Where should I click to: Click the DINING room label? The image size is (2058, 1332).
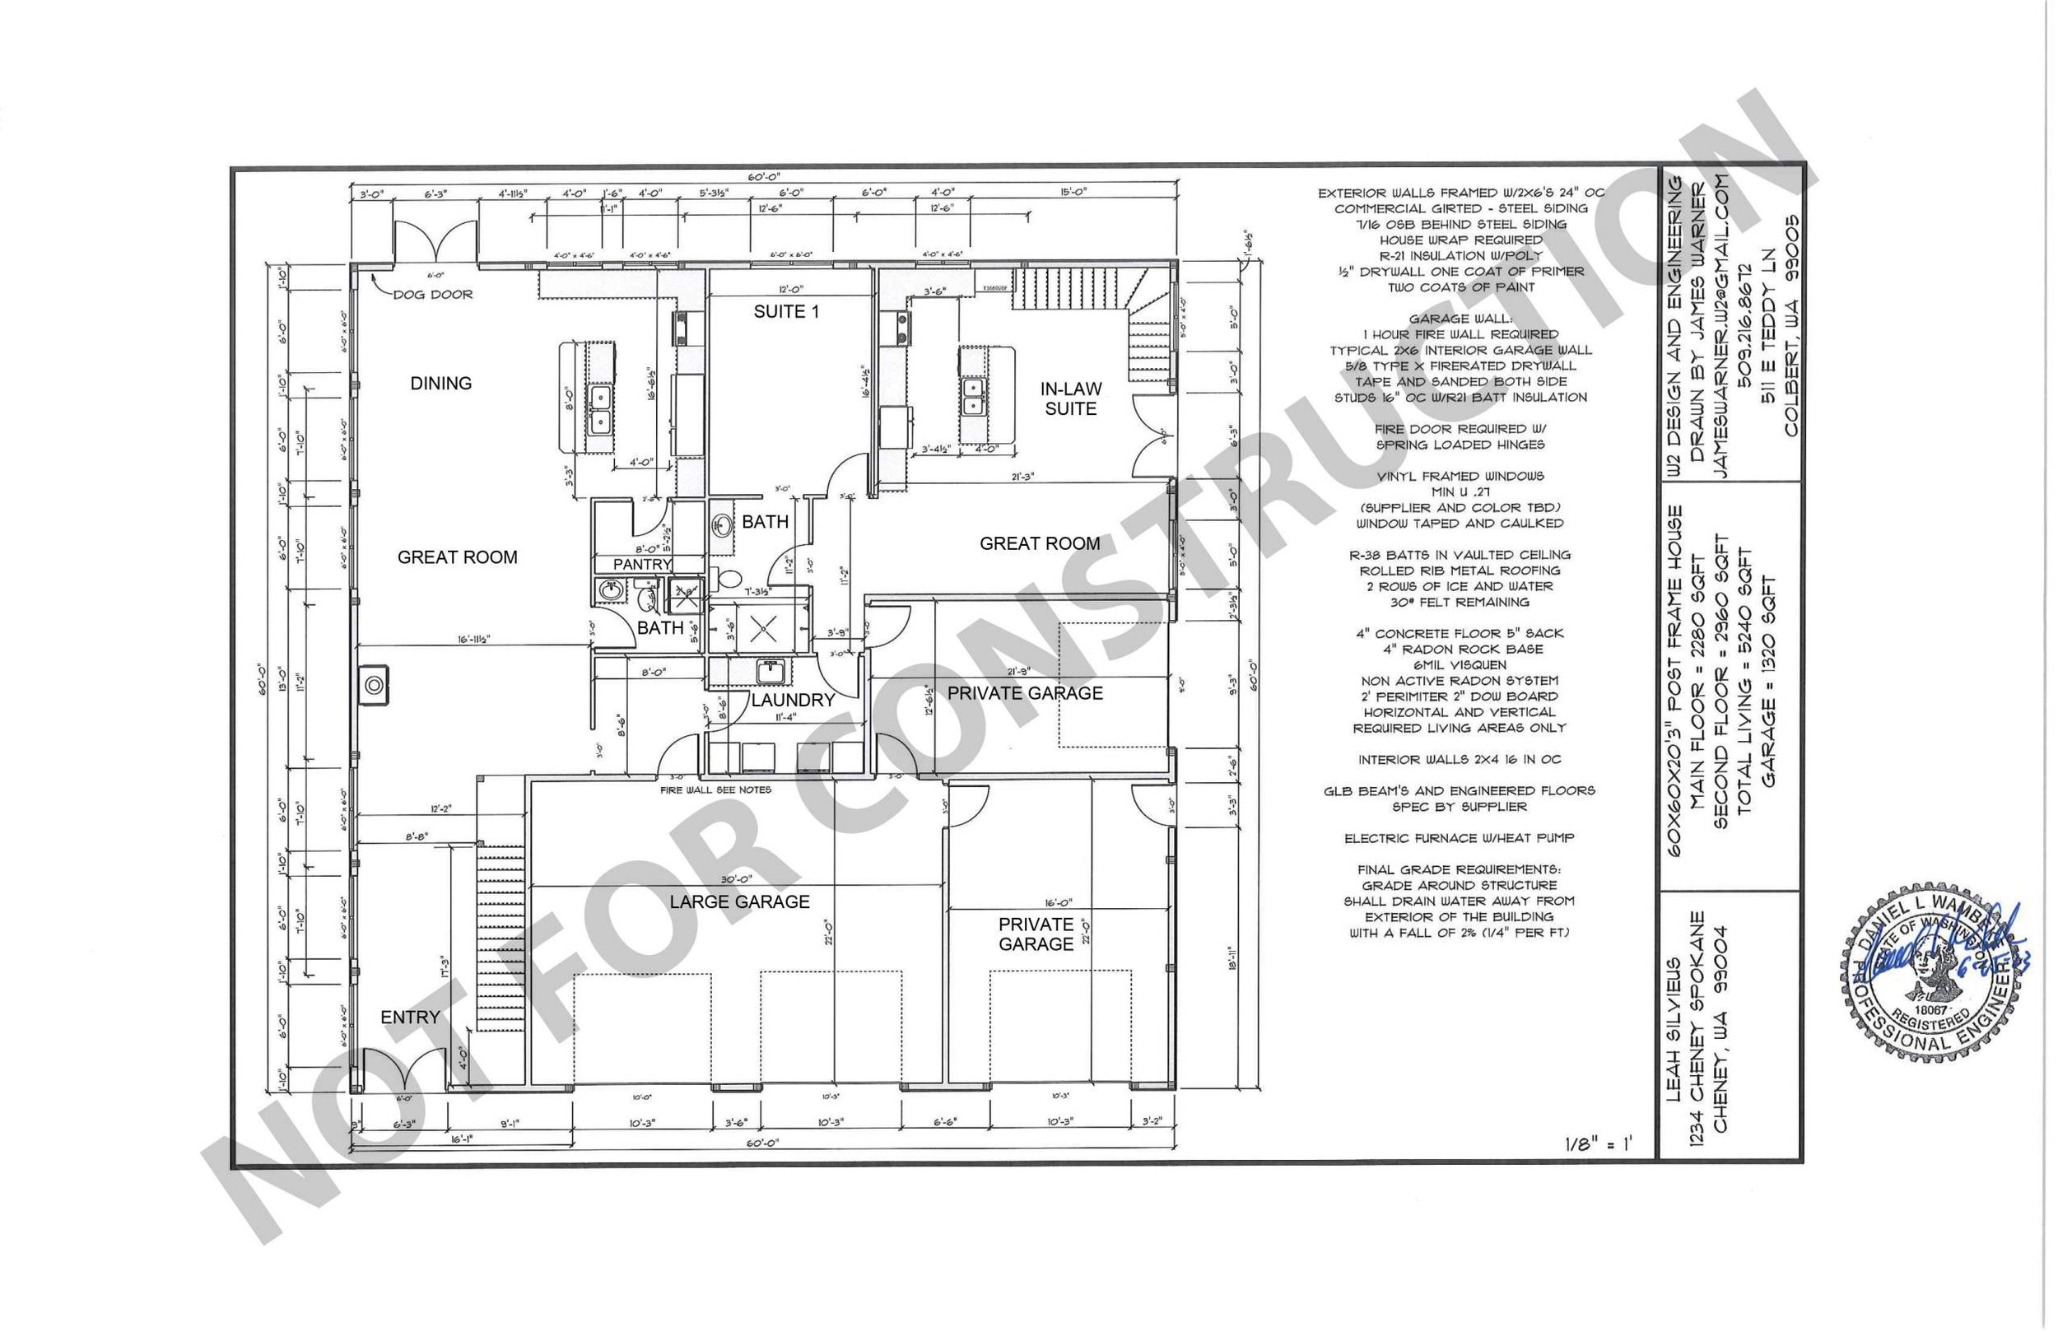point(441,383)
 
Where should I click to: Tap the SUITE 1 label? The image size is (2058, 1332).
point(785,311)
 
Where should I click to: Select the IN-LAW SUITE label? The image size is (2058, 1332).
point(1070,398)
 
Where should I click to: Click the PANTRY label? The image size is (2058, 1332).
point(642,564)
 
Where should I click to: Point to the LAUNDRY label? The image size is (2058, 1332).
point(792,700)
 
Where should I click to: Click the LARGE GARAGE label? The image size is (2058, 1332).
point(739,902)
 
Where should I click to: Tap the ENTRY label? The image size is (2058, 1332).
point(410,1018)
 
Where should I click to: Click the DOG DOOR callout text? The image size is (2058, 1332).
point(432,294)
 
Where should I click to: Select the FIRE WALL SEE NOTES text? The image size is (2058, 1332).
point(715,789)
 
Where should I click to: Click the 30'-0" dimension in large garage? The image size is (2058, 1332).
point(735,880)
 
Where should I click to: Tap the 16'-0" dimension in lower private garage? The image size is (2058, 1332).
point(1033,901)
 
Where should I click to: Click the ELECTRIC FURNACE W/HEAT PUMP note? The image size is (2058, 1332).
point(1459,838)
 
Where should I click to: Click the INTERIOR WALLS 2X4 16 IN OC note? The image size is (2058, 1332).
point(1459,759)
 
